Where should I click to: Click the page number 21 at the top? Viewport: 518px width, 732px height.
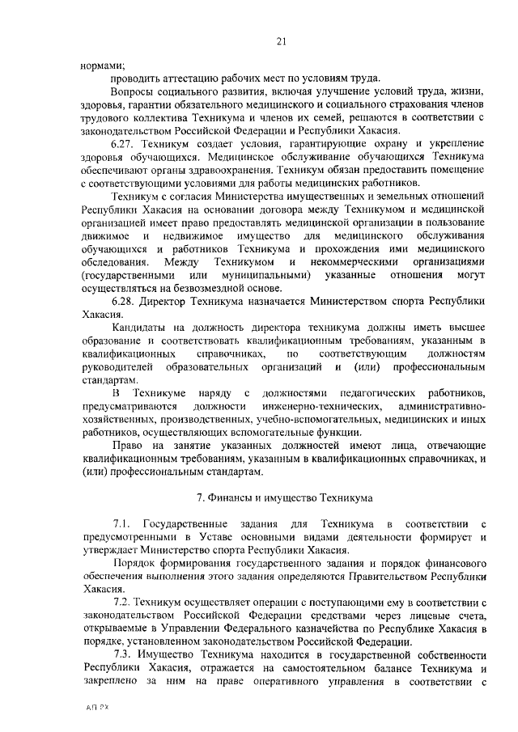click(280, 41)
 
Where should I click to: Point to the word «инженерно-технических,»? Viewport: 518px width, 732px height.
click(329, 405)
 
